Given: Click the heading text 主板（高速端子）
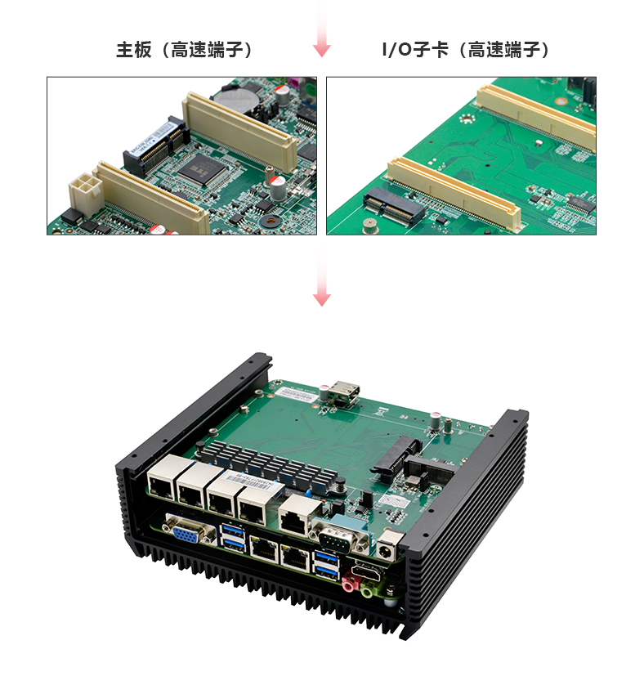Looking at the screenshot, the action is click(184, 50).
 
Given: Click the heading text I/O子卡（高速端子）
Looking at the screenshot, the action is click(465, 50).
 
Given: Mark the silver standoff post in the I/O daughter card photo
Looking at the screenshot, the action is click(369, 226).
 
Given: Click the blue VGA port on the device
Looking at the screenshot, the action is click(187, 532).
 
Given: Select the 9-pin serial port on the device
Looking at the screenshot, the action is click(339, 537).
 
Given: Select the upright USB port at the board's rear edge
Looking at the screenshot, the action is click(344, 392).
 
